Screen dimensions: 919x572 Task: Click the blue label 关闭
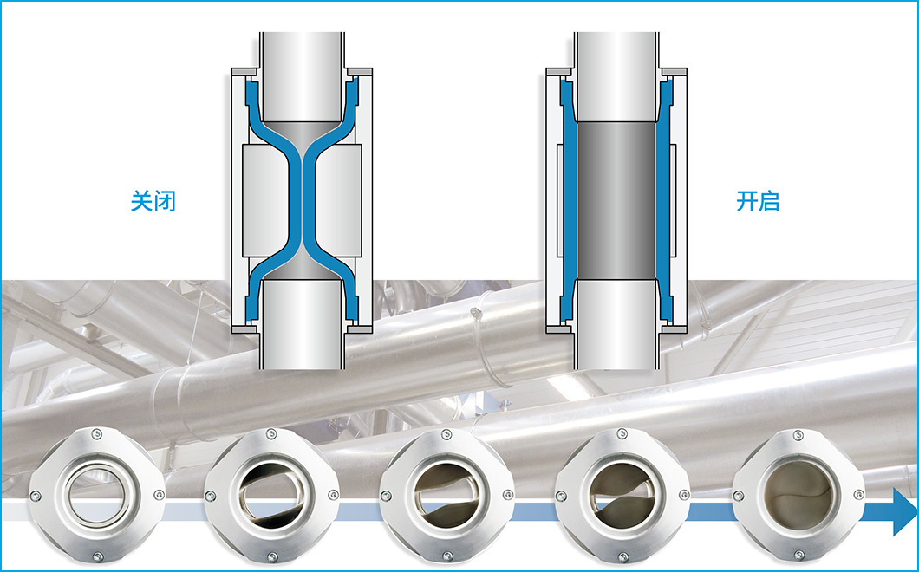click(x=153, y=201)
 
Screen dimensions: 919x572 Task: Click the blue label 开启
click(x=757, y=201)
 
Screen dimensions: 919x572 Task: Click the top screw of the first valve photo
click(x=97, y=434)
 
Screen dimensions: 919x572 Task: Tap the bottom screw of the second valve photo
click(x=272, y=556)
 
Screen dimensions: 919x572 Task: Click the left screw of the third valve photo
click(x=386, y=497)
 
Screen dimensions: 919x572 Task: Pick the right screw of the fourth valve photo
click(x=683, y=495)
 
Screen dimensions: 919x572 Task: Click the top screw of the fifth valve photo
click(x=798, y=435)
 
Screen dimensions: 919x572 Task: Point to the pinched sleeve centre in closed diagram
click(x=302, y=199)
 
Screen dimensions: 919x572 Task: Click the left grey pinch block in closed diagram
click(x=265, y=200)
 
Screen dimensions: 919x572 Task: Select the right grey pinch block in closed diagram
click(x=338, y=200)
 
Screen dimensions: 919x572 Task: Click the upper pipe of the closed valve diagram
click(x=302, y=76)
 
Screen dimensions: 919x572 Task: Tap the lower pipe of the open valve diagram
click(x=616, y=324)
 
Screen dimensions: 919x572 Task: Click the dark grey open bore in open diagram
click(x=616, y=200)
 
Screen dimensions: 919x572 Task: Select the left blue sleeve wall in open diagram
click(x=568, y=200)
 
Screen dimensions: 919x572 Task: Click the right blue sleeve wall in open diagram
click(x=664, y=200)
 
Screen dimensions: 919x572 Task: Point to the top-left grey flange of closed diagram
click(x=244, y=72)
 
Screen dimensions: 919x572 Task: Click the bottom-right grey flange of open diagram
click(x=674, y=329)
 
